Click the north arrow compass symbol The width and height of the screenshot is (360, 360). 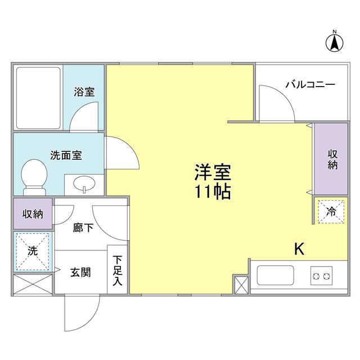point(334,40)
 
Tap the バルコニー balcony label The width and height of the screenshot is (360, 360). point(310,85)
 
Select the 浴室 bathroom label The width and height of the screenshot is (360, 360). point(84,92)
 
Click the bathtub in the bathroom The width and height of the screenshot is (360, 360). point(38,98)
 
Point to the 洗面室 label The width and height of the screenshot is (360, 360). point(66,155)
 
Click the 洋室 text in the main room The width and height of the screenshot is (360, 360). point(214,171)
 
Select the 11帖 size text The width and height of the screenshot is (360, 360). point(213,192)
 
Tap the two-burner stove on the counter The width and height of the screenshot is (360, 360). point(321,276)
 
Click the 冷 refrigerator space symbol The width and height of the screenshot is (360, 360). point(331,212)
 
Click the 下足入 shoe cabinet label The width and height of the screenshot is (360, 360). point(117,271)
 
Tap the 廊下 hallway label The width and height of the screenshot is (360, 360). point(83,229)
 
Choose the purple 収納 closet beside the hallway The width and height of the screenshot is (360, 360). point(33,214)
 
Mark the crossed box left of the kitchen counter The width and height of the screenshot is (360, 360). point(241,284)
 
